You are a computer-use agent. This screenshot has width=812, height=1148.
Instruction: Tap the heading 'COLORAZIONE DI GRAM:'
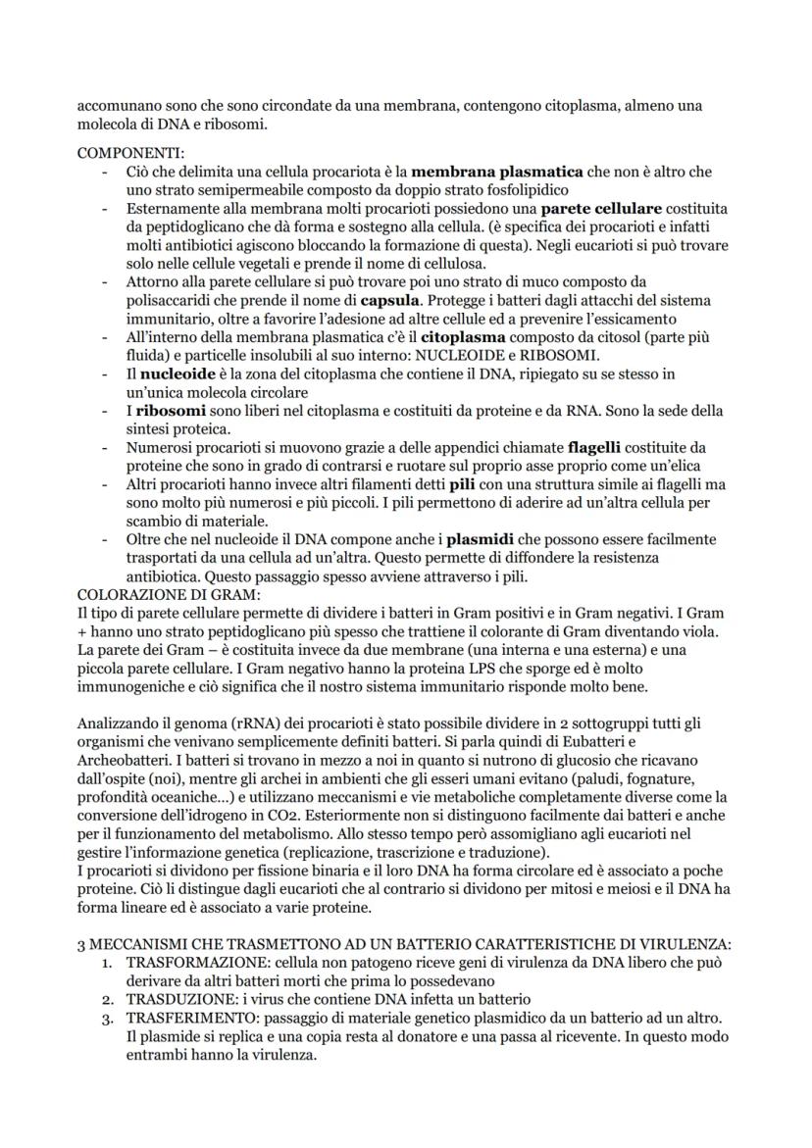[167, 594]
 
